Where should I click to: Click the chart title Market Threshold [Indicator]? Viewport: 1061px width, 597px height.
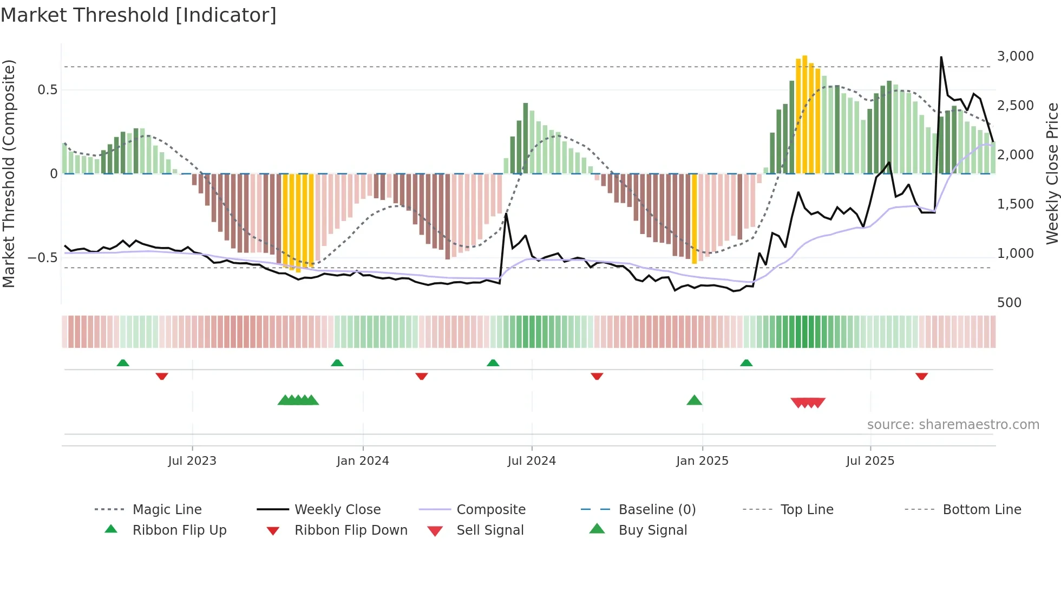tap(139, 15)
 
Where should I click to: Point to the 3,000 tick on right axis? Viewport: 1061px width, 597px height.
tap(1015, 56)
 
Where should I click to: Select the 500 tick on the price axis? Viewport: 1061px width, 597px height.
tap(1009, 303)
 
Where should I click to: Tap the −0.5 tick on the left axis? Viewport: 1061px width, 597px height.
tap(43, 258)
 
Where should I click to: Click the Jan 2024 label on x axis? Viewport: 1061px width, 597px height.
tap(363, 461)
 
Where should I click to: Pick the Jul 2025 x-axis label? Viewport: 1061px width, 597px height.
tap(870, 461)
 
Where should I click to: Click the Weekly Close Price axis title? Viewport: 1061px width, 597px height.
tap(1052, 173)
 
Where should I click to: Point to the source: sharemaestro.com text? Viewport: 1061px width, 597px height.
tap(953, 425)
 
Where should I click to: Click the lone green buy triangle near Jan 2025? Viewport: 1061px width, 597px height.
tap(694, 400)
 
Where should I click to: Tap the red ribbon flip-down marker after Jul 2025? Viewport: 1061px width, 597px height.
tap(921, 376)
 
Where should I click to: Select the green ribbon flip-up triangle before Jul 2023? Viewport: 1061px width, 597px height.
tap(123, 363)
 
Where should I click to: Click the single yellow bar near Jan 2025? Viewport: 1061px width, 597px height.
tap(695, 219)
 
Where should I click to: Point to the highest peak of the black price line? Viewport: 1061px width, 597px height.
tap(941, 57)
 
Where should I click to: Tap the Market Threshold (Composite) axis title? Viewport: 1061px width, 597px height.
tap(9, 173)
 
